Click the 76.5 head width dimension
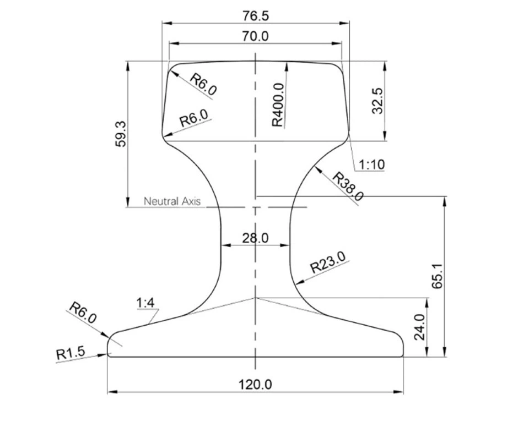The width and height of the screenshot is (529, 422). [x=256, y=16]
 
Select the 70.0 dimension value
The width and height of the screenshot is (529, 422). [x=255, y=36]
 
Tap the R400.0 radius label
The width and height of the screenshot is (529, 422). [x=278, y=105]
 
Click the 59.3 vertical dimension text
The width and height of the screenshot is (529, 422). [x=121, y=134]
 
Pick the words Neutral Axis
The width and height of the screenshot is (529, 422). [x=172, y=201]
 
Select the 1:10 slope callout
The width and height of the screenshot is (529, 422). [x=371, y=165]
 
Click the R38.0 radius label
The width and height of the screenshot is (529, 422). [x=348, y=187]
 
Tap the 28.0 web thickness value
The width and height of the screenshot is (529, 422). [x=255, y=238]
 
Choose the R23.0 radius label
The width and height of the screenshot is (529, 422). [x=328, y=262]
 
